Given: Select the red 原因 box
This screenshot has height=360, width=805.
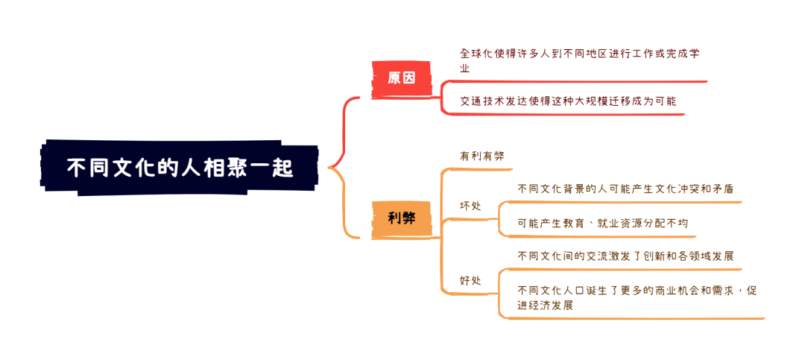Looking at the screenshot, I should coord(402,78).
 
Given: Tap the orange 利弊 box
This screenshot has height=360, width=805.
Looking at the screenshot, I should coord(402,218).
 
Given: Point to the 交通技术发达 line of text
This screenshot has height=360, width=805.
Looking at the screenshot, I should coord(567,101).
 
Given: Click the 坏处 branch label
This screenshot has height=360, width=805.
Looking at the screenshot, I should coord(471,206).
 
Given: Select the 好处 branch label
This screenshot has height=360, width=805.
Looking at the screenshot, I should coord(471,281).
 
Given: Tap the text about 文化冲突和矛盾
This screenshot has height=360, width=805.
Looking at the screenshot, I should coord(625,189).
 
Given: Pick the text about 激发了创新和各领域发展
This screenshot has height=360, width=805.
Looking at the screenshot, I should coord(625,256).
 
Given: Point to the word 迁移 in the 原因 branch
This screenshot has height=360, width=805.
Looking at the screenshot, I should coord(602,101).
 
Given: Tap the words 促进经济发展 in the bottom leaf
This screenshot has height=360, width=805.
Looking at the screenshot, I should coord(546,305).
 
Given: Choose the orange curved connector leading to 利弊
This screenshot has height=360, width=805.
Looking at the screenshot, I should coord(344,212).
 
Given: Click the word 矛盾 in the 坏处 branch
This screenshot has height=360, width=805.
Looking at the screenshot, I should coord(722,189).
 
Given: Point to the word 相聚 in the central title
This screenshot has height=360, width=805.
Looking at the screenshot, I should coord(229,168).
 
